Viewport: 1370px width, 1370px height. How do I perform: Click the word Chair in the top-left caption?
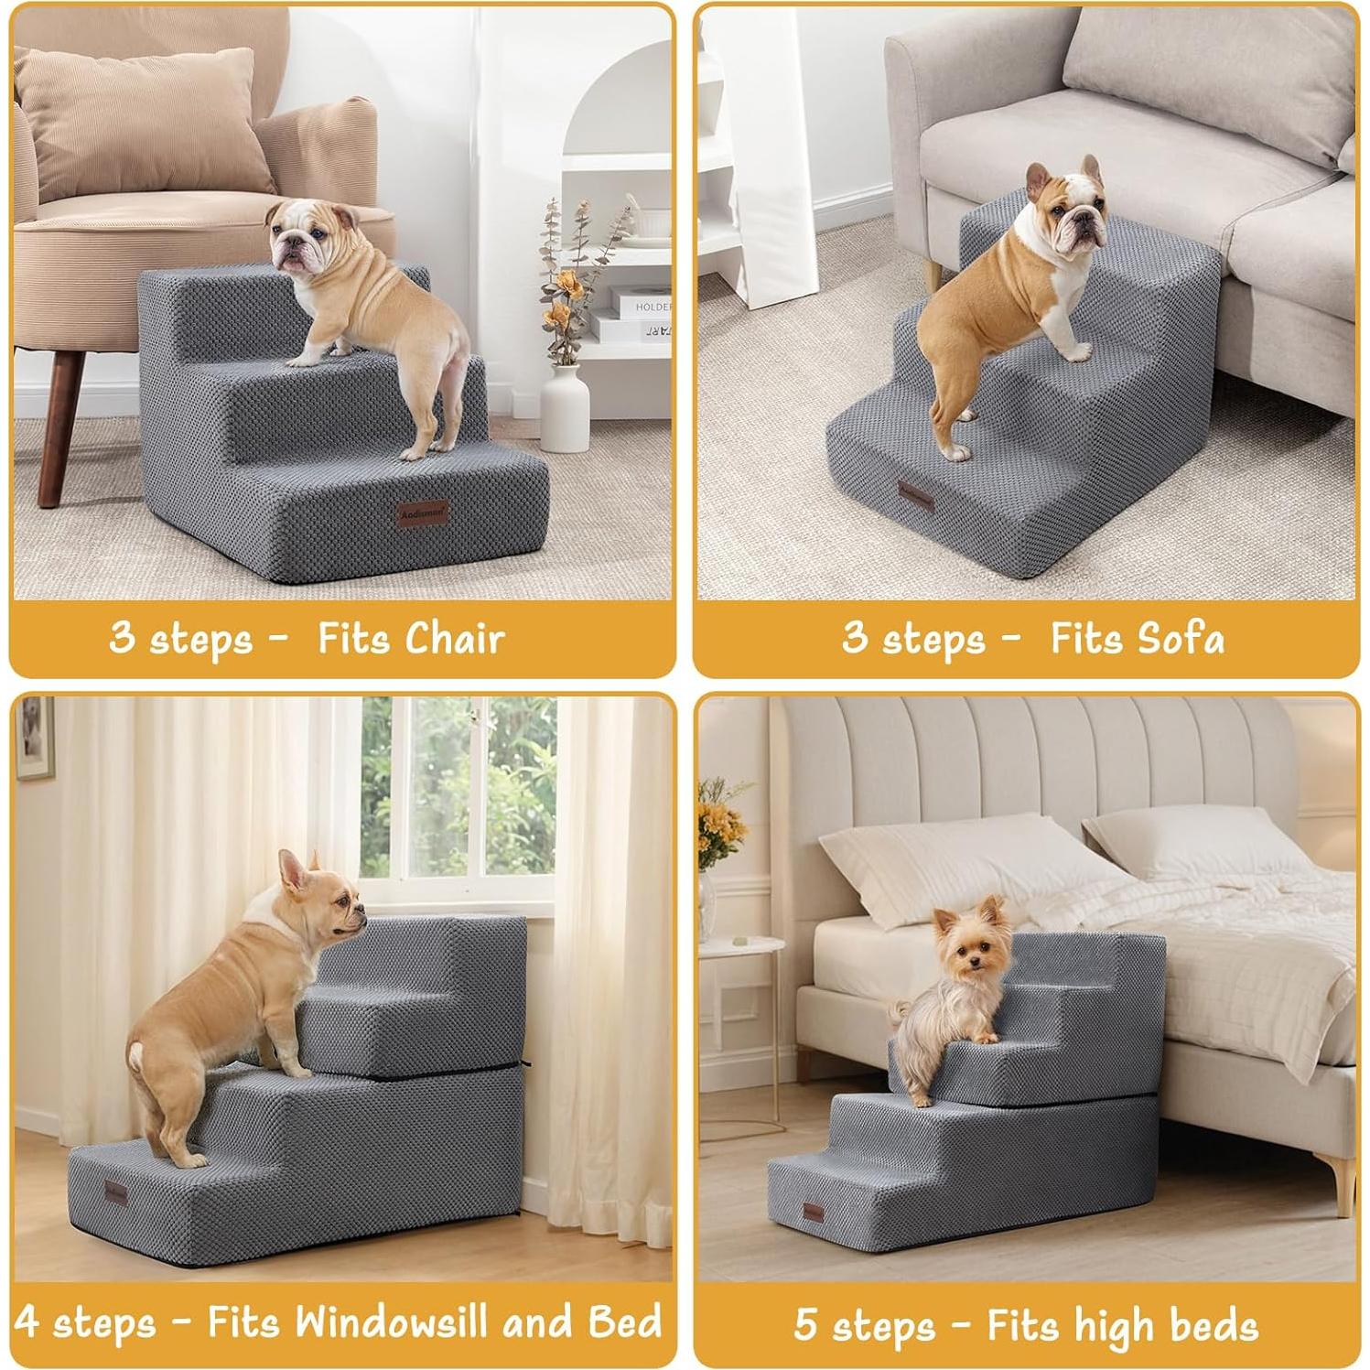tap(455, 637)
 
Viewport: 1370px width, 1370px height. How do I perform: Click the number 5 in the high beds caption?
tap(805, 1323)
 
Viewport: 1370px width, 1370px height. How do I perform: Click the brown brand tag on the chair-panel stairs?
tap(423, 512)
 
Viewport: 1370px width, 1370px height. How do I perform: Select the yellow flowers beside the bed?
tap(718, 824)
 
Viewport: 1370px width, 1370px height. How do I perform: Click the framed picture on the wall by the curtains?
tap(35, 738)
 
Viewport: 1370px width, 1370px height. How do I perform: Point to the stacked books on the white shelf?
tap(641, 316)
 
